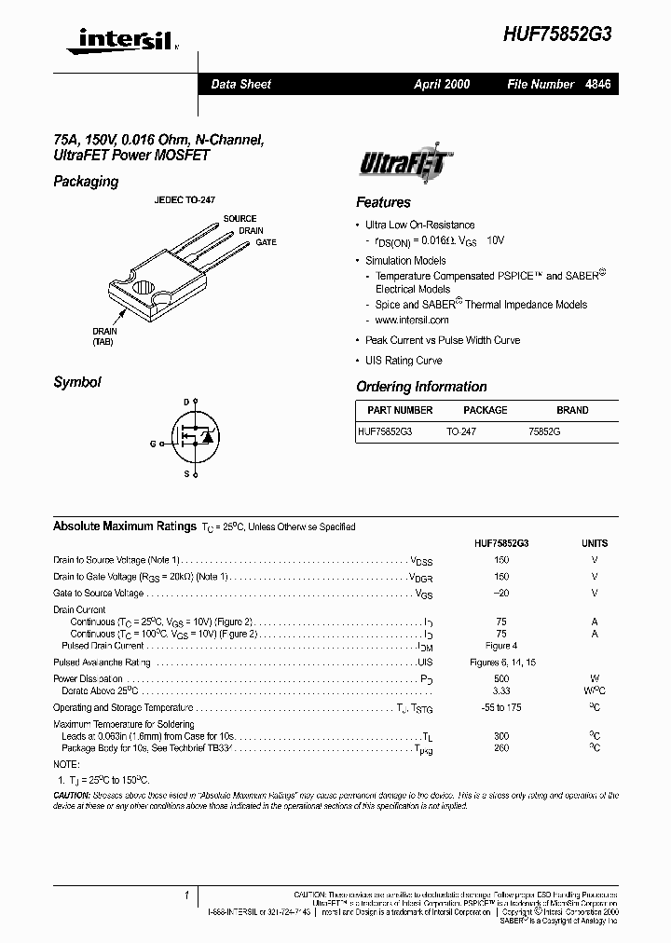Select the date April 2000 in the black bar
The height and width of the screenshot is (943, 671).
coord(442,84)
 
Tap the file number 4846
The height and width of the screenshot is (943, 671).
coord(597,84)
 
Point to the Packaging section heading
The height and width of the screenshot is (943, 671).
coord(86,182)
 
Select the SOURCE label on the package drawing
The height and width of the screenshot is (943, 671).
coord(240,219)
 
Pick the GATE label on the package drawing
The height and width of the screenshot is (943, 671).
coord(267,242)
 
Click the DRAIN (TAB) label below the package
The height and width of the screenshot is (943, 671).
coord(103,336)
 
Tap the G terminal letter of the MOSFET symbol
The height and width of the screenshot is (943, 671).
coord(152,444)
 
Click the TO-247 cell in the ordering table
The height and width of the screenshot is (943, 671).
coord(460,432)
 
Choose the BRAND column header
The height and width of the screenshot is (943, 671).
coord(572,410)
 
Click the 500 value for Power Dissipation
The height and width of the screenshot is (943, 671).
coord(501,678)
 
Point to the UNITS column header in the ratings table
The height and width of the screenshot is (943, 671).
coord(594,543)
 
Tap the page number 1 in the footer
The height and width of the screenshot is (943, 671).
coord(188,895)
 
